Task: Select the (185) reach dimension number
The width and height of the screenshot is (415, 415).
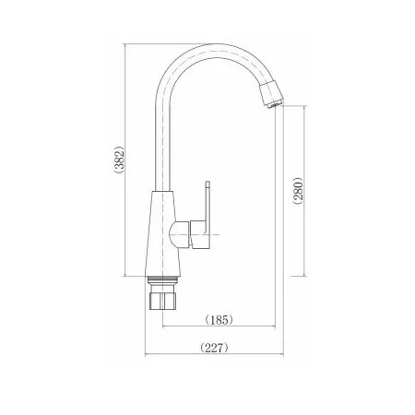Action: pos(218,319)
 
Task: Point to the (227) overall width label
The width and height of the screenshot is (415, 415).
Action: pos(214,348)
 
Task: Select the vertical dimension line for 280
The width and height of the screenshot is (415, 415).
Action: pos(294,138)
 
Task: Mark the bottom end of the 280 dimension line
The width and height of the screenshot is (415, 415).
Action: pos(294,274)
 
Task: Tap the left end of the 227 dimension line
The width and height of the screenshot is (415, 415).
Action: pos(145,356)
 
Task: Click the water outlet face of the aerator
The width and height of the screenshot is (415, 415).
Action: pos(274,103)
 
